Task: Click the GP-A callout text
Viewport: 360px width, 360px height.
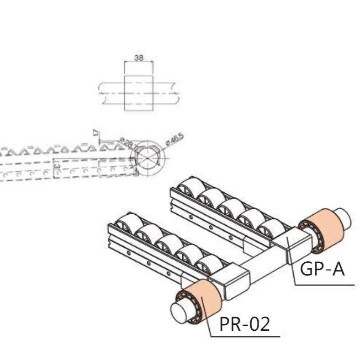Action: coord(322,270)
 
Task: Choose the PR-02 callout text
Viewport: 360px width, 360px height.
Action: coord(244,324)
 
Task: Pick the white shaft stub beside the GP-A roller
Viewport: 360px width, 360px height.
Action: coord(343,218)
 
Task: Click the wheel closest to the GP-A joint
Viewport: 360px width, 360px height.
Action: coord(272,228)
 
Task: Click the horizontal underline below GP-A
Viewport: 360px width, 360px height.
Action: coord(324,284)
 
